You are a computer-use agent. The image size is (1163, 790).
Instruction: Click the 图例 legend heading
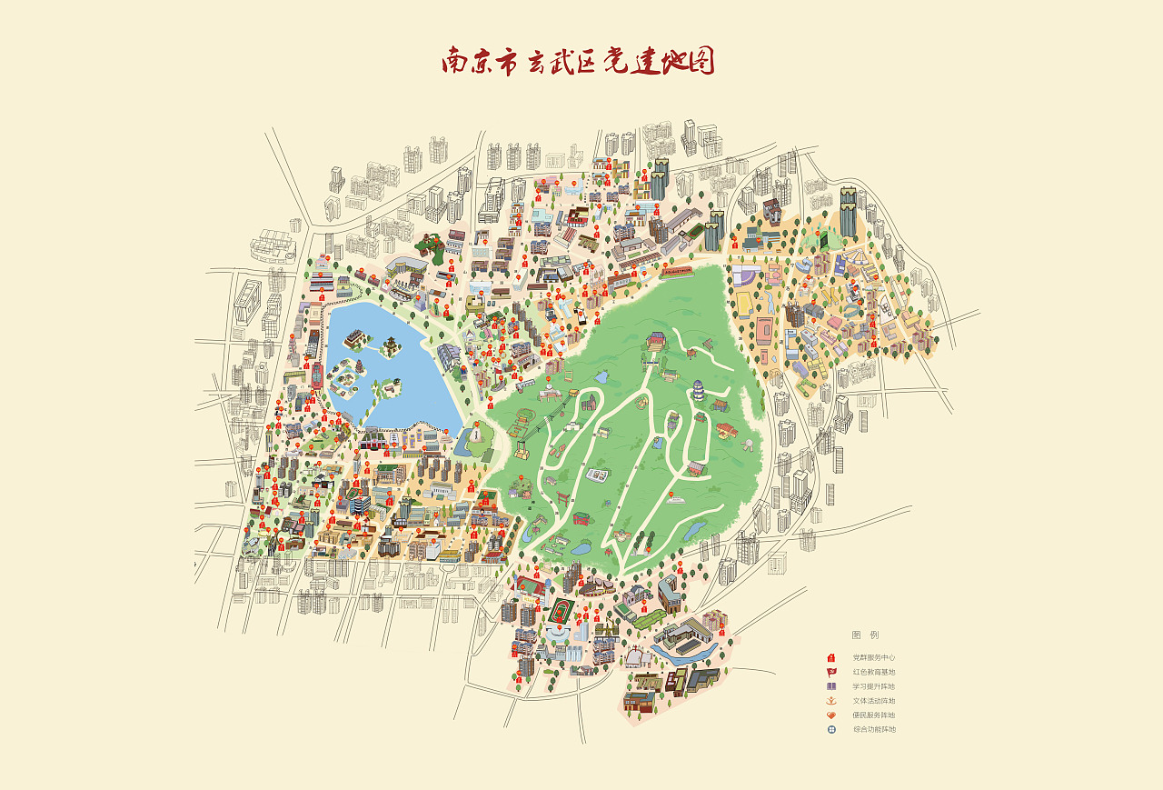pyautogui.click(x=865, y=635)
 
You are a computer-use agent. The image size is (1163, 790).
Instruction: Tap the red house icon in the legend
pyautogui.click(x=830, y=657)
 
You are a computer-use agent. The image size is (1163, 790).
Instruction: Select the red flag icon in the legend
pyautogui.click(x=830, y=672)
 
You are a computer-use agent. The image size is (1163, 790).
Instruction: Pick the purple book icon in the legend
pyautogui.click(x=830, y=686)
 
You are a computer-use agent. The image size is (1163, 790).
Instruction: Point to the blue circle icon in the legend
pyautogui.click(x=830, y=729)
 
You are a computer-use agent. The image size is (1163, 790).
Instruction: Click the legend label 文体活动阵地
pyautogui.click(x=873, y=701)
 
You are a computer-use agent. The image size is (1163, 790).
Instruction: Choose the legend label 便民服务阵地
pyautogui.click(x=873, y=715)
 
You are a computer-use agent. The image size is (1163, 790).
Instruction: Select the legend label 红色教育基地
pyautogui.click(x=873, y=672)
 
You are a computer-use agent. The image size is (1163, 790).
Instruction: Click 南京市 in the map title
pyautogui.click(x=480, y=61)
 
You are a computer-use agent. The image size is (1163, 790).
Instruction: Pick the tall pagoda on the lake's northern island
pyautogui.click(x=392, y=345)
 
